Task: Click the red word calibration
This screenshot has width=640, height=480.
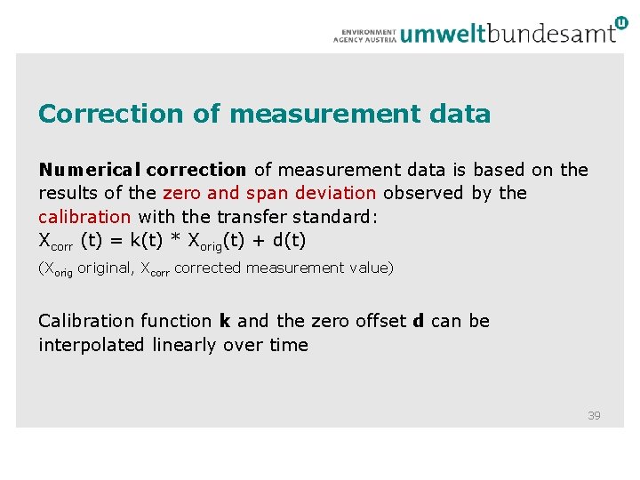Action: [x=84, y=216]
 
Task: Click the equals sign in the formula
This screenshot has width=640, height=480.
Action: [x=119, y=240]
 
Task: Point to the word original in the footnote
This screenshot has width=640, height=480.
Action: [x=104, y=268]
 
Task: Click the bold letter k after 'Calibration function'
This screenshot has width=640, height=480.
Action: [x=224, y=321]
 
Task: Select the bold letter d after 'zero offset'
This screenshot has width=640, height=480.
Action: [x=418, y=321]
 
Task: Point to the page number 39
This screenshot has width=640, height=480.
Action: [x=594, y=415]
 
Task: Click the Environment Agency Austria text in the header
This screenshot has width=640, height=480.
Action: [x=364, y=35]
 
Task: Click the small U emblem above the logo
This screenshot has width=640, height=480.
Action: [x=620, y=20]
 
